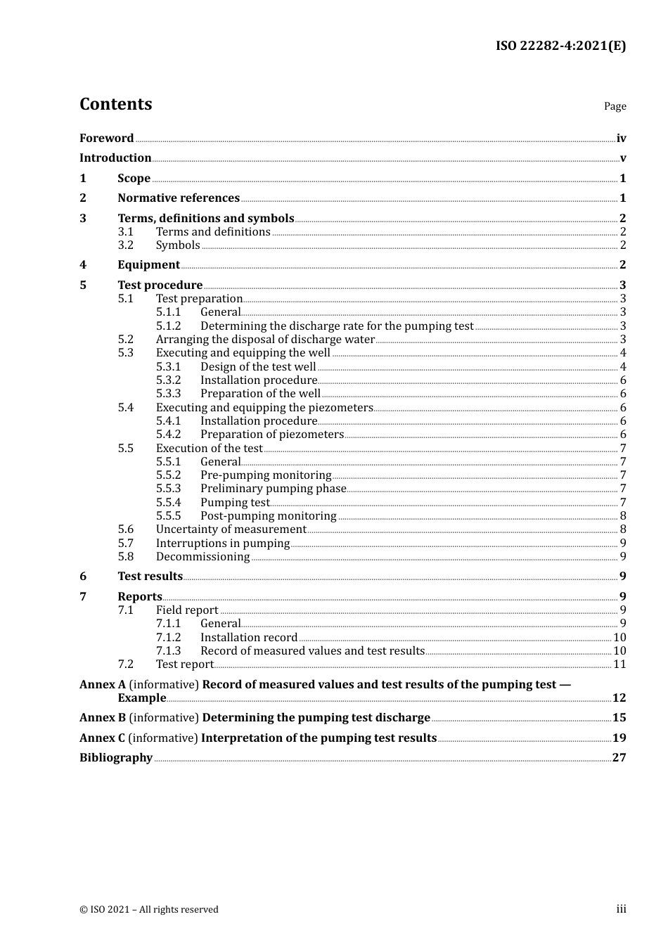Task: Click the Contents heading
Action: tap(115, 104)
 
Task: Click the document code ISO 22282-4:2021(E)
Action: tap(560, 46)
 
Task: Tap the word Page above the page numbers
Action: tap(615, 106)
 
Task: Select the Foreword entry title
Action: tap(106, 139)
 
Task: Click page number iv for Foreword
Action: tap(621, 139)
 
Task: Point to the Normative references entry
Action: tap(179, 198)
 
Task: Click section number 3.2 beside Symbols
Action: tap(125, 245)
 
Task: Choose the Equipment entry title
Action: tap(148, 265)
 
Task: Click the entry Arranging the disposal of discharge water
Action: tap(265, 340)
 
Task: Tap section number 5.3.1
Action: tap(168, 367)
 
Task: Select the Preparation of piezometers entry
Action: tap(271, 435)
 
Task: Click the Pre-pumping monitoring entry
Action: tap(265, 475)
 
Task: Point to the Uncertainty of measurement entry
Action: tap(231, 529)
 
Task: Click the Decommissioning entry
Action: tap(203, 557)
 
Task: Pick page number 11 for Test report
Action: tap(619, 664)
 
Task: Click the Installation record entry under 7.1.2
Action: tap(249, 638)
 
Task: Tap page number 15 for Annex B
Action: tap(619, 718)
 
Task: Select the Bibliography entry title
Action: tap(116, 758)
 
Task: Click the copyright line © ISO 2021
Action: tap(149, 910)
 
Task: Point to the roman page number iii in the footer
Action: tap(621, 909)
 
